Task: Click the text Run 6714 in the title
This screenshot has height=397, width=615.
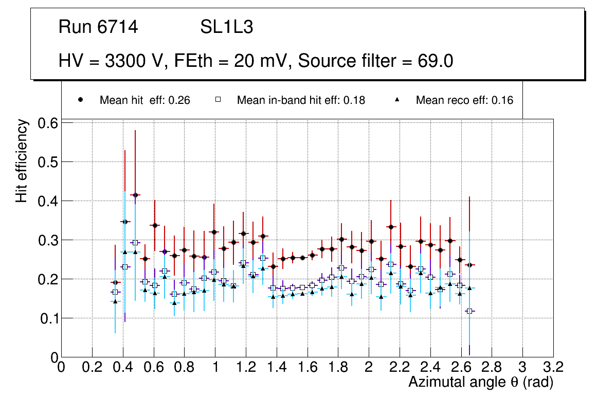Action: [x=98, y=27]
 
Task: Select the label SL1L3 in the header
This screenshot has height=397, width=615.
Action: [x=226, y=27]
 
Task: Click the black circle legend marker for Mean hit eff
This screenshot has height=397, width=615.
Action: [x=80, y=100]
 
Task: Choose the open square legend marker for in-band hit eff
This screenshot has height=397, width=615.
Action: [x=218, y=100]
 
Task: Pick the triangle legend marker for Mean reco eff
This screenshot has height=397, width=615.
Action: [x=397, y=100]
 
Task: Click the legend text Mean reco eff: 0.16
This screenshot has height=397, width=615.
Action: [x=464, y=100]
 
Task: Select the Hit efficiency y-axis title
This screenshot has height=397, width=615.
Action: [x=22, y=160]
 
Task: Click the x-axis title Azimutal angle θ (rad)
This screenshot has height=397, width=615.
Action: [x=481, y=382]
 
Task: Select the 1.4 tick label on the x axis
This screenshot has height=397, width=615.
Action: [x=277, y=367]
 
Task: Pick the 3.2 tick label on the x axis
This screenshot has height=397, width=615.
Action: [x=553, y=367]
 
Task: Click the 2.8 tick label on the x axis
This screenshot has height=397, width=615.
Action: [x=492, y=367]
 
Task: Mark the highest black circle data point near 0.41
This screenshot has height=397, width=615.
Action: [x=135, y=195]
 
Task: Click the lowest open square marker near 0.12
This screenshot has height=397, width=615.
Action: [x=469, y=311]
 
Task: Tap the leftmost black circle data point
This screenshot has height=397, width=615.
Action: [x=115, y=282]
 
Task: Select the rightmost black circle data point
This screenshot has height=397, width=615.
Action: [x=469, y=265]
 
